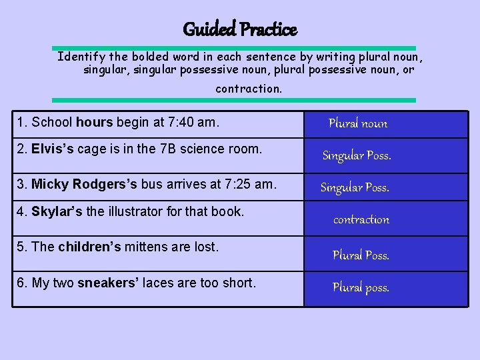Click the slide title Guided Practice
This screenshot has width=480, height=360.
point(240,29)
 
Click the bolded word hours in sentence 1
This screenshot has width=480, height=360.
point(95,123)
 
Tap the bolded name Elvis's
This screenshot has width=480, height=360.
point(53,149)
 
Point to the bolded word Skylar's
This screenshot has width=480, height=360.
point(57,212)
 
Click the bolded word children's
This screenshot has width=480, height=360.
point(89,247)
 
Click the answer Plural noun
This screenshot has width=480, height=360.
point(357,123)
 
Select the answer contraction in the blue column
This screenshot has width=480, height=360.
point(361,219)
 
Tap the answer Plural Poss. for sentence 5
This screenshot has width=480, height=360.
point(361,255)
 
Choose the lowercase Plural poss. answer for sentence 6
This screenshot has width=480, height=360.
point(361,288)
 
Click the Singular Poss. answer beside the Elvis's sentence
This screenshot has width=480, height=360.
point(357,156)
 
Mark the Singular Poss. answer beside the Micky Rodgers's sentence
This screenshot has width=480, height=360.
point(355,188)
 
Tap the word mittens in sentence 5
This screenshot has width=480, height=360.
point(146,247)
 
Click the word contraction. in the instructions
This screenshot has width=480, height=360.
point(249,89)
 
